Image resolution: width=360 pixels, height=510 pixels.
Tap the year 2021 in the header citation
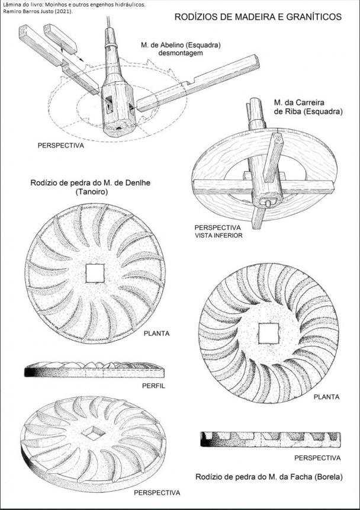[x=65, y=11]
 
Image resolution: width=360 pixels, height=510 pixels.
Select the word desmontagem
[x=181, y=53]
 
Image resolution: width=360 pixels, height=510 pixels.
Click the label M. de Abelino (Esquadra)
[x=181, y=45]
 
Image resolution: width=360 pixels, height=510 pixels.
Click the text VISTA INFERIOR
[x=218, y=236]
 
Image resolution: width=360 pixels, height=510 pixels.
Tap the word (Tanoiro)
[x=91, y=191]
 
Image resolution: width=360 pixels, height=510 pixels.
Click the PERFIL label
[x=153, y=386]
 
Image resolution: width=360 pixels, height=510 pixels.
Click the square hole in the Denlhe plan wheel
[x=95, y=273]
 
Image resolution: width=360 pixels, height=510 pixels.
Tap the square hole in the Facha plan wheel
[x=269, y=333]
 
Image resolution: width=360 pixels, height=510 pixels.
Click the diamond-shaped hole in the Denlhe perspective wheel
[x=94, y=432]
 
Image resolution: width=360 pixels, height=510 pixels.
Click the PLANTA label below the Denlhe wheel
[x=156, y=333]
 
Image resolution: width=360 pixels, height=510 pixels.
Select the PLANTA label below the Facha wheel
[x=326, y=397]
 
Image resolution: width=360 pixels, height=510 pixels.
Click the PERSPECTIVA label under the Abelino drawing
[x=61, y=145]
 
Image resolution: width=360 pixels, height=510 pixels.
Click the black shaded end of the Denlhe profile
[x=30, y=372]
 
